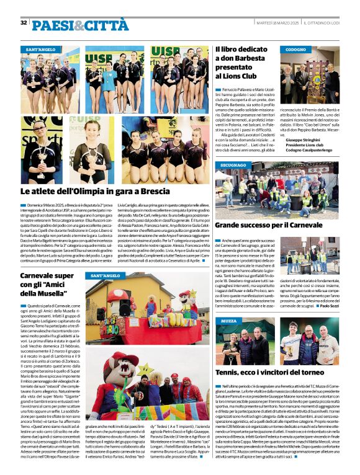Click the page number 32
tap(24, 22)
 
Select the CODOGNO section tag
tap(296, 49)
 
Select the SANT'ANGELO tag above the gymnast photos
tap(40, 49)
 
